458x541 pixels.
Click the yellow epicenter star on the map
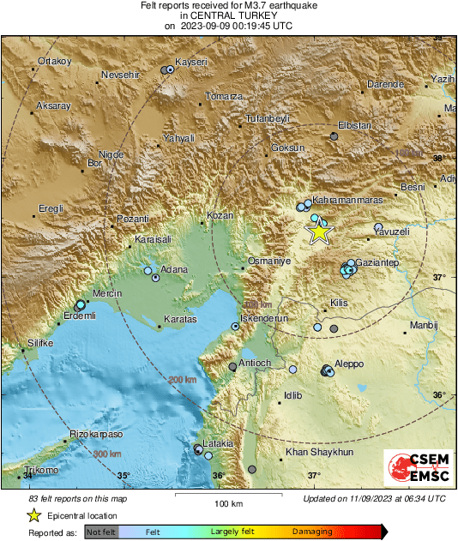click(319, 231)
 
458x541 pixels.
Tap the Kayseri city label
click(191, 62)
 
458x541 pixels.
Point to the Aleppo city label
click(349, 364)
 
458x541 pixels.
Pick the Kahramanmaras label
click(348, 198)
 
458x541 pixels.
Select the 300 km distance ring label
click(106, 454)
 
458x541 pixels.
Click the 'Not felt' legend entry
click(101, 532)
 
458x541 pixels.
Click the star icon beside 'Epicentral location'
click(33, 515)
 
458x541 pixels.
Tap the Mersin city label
click(105, 292)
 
